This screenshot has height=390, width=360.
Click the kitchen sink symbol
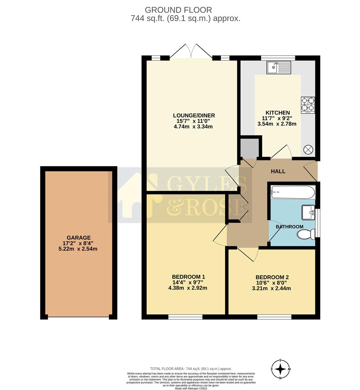tap(278, 68)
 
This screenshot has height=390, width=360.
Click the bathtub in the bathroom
tap(293, 191)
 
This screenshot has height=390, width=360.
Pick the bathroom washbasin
tap(308, 213)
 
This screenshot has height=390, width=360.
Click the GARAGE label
tap(79, 238)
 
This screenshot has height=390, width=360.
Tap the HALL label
tap(278, 171)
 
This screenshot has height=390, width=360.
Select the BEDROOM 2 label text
tap(272, 277)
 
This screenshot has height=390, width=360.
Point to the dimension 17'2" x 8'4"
tap(79, 243)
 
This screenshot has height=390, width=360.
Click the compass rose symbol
tap(281, 369)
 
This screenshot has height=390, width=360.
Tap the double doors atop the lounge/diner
tap(190, 51)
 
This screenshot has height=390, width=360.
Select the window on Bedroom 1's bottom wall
tap(185, 317)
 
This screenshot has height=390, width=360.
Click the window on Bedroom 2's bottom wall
tap(274, 317)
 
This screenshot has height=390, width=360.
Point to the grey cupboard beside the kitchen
tap(250, 147)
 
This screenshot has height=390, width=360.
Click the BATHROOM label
tap(289, 227)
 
